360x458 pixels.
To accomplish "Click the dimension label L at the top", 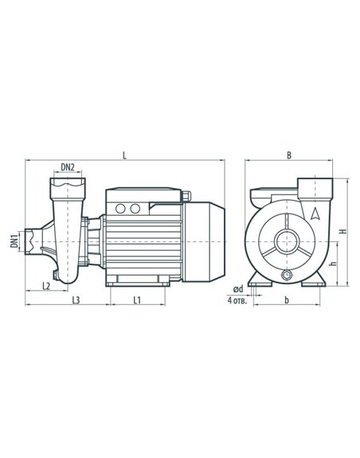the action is pyautogui.click(x=125, y=155).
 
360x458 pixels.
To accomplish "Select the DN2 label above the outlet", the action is pyautogui.click(x=68, y=167).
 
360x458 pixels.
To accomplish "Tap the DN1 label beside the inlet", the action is pyautogui.click(x=14, y=241).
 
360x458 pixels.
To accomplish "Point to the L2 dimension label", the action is pyautogui.click(x=46, y=286).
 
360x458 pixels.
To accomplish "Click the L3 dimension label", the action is pyautogui.click(x=76, y=300).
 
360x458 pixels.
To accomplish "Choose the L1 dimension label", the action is pyautogui.click(x=137, y=300).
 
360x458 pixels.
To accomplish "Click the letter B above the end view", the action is pyautogui.click(x=289, y=155).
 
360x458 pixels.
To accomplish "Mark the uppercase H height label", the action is pyautogui.click(x=344, y=231).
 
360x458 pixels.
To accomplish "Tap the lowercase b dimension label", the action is pyautogui.click(x=287, y=300).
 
